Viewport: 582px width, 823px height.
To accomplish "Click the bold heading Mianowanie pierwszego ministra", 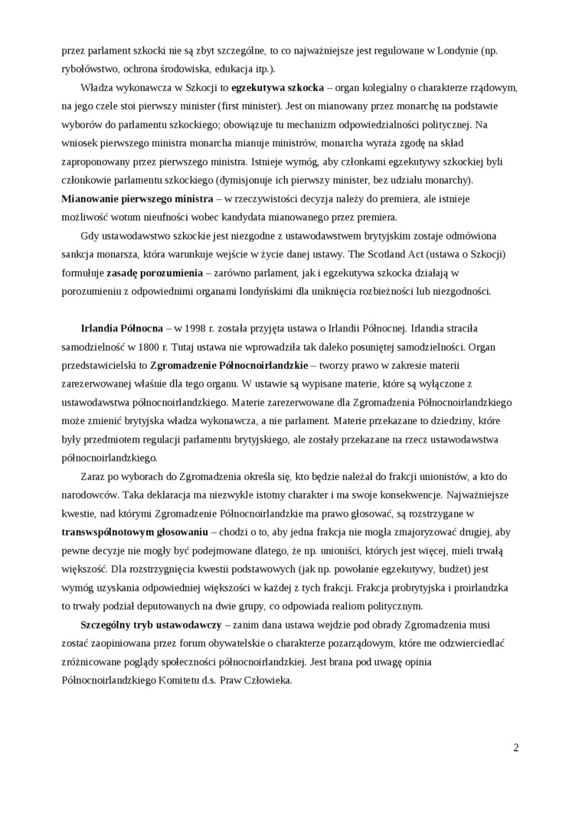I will tap(126, 198).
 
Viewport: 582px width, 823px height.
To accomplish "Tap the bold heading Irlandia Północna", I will tap(122, 328).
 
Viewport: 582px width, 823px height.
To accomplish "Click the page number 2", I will tap(516, 748).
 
